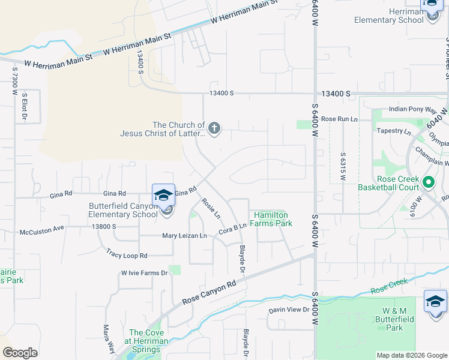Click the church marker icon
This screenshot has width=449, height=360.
point(214,128)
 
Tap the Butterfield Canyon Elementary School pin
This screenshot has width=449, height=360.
point(163,196)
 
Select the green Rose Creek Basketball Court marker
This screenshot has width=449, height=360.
point(429,181)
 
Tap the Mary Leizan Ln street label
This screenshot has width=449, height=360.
point(184,236)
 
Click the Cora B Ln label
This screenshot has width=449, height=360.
point(232,229)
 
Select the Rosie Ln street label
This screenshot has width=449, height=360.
point(211,208)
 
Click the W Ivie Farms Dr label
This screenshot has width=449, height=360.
point(143,273)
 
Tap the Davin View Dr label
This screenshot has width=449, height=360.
point(288,310)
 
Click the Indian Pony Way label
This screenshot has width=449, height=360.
point(412,110)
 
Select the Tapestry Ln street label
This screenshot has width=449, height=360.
point(394,131)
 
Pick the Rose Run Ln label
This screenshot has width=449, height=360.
point(339,119)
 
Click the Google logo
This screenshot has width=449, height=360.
point(20,353)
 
